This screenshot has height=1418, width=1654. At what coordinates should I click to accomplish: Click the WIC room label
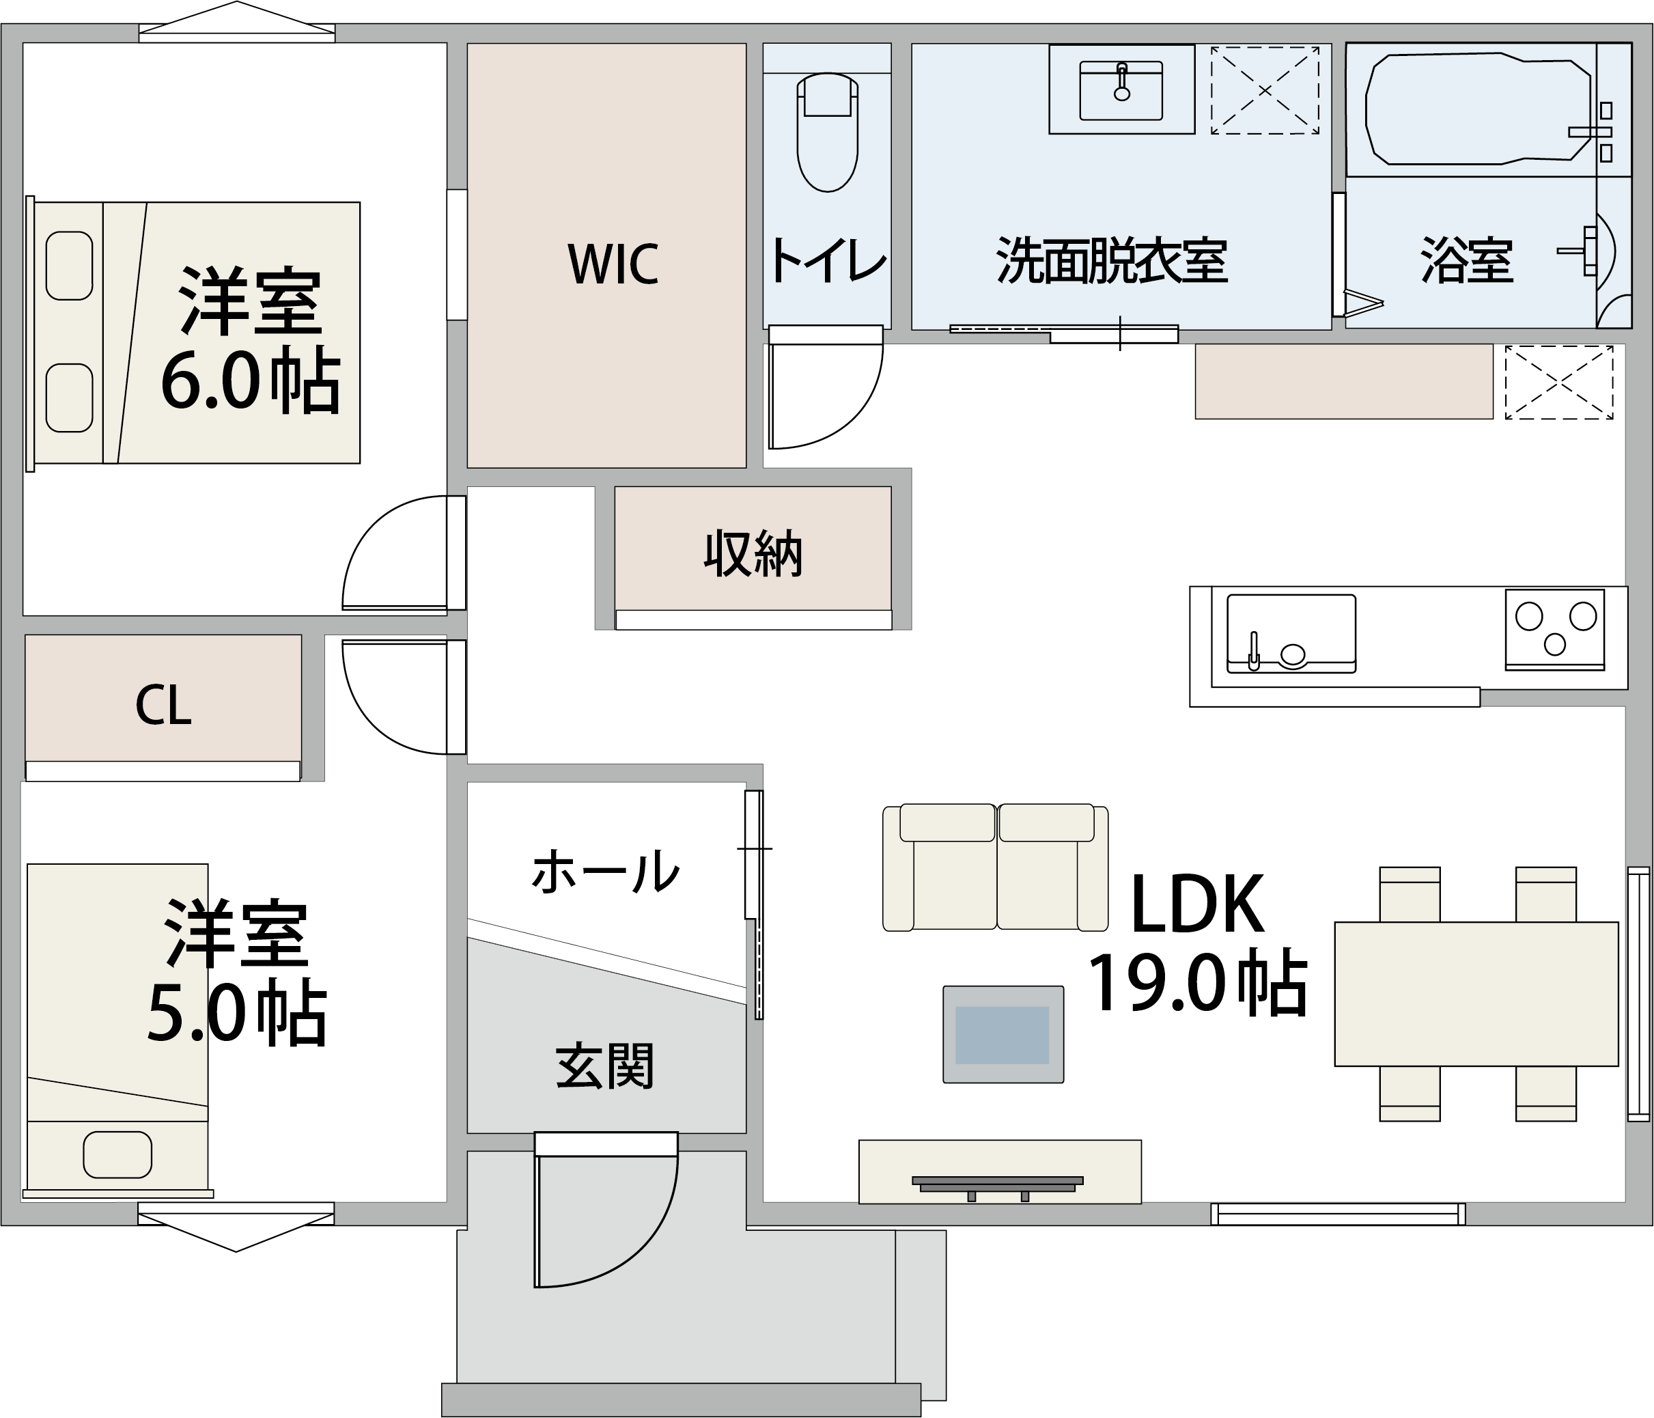pyautogui.click(x=613, y=264)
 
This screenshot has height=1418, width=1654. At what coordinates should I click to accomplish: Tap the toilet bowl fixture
pyautogui.click(x=827, y=133)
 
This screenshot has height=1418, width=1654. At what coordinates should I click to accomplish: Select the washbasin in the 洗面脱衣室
pyautogui.click(x=1121, y=90)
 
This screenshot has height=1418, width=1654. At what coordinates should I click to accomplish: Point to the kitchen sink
pyautogui.click(x=1291, y=633)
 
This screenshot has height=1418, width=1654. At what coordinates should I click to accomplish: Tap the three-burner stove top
pyautogui.click(x=1555, y=629)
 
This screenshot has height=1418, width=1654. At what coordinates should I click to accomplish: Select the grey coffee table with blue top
pyautogui.click(x=1003, y=1034)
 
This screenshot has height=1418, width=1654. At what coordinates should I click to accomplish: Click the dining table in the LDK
pyautogui.click(x=1476, y=994)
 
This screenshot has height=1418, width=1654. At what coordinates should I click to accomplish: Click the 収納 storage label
pyautogui.click(x=753, y=553)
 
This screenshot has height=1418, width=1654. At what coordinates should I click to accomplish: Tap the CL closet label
pyautogui.click(x=164, y=705)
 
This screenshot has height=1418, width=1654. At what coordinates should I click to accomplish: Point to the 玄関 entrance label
pyautogui.click(x=605, y=1066)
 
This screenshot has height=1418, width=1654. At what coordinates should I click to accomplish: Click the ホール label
pyautogui.click(x=605, y=870)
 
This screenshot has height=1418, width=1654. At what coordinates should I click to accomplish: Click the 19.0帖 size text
pyautogui.click(x=1197, y=983)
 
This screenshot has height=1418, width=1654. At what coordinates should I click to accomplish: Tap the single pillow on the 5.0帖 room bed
pyautogui.click(x=117, y=1154)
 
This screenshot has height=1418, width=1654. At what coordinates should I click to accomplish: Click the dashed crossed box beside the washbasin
pyautogui.click(x=1265, y=90)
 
